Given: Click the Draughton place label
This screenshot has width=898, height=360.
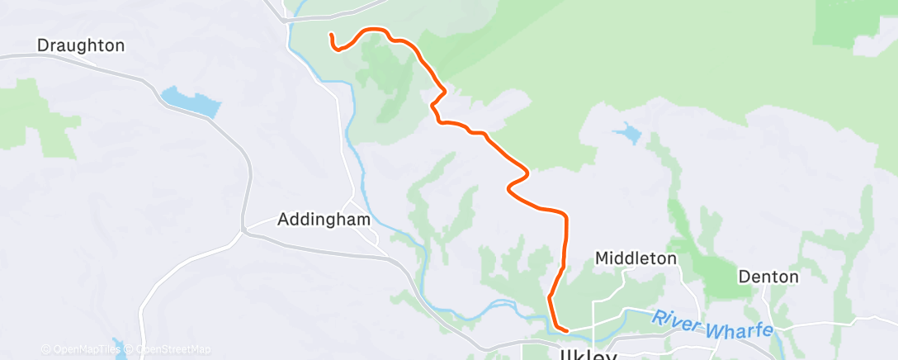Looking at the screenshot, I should tap(81, 45).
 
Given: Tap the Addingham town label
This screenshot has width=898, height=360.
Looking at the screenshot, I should tap(324, 220).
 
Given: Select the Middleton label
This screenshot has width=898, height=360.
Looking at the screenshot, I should tap(636, 258).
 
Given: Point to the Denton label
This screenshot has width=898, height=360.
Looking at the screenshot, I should tap(768, 276).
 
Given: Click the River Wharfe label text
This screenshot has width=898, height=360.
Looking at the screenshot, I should tap(711, 324).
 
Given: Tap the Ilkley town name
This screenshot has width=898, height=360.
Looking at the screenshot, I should tap(588, 354).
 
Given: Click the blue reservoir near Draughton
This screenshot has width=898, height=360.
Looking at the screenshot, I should tap(191, 102).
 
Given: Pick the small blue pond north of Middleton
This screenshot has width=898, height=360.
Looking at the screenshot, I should tap(630, 132).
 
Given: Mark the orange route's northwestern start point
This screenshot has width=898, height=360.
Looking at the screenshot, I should tap(331, 35).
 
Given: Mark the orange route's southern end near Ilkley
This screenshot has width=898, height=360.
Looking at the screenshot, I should tap(566, 331).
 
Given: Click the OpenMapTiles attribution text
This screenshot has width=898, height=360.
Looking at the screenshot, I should tap(84, 349).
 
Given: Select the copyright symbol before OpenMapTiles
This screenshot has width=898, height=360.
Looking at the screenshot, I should tap(45, 349).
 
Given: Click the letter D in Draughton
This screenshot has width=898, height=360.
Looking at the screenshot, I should tap(44, 45).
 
